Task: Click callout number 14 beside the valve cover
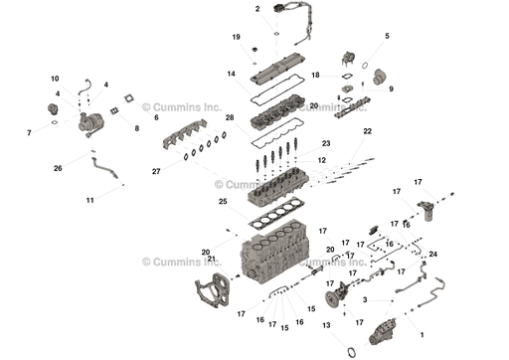tap(230, 74)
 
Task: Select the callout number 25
tap(223, 202)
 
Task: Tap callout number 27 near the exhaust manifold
tap(155, 171)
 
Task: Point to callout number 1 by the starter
tap(422, 335)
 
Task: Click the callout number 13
tap(327, 324)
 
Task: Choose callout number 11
tap(89, 200)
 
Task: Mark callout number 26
tap(58, 168)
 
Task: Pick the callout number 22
tap(367, 131)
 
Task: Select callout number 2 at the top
tap(257, 9)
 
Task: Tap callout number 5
tap(387, 37)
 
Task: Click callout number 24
tap(432, 255)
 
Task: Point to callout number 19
tap(237, 37)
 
